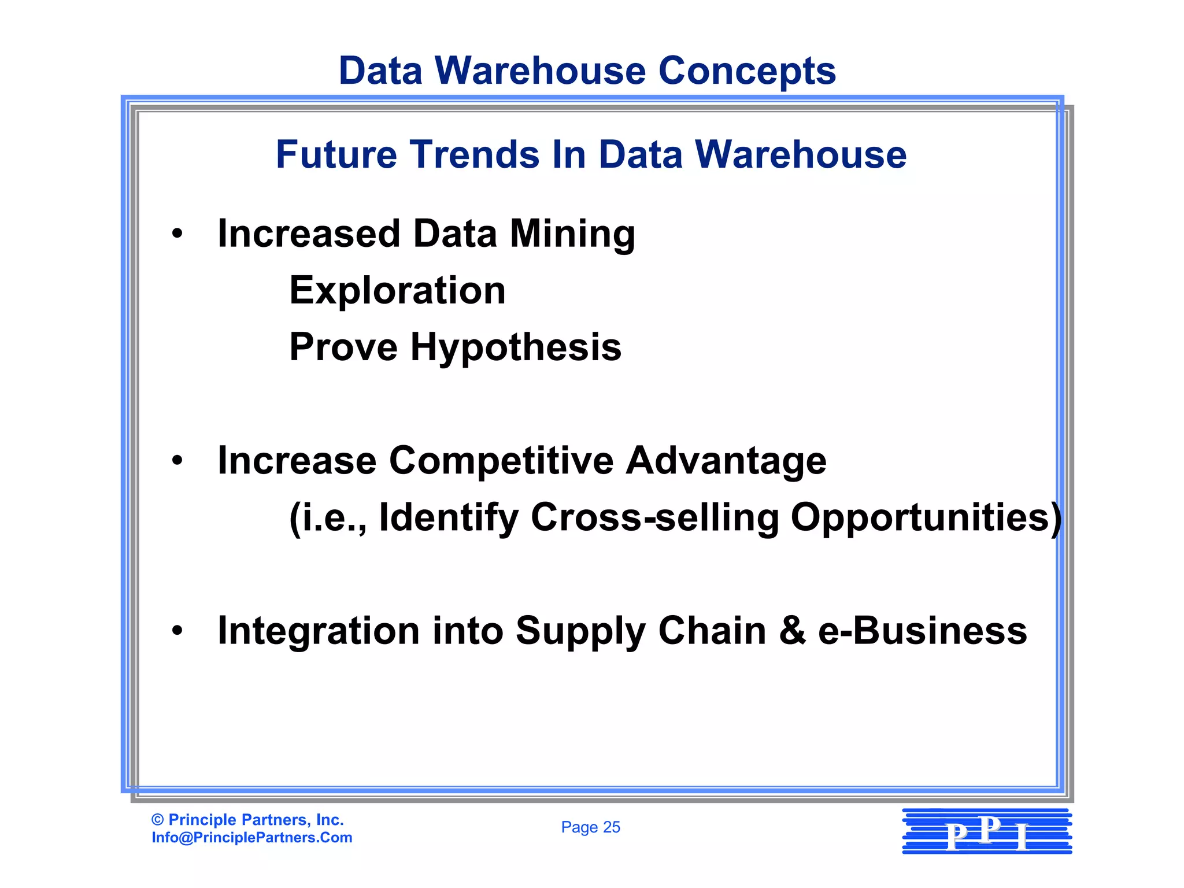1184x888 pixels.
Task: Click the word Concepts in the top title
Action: click(747, 72)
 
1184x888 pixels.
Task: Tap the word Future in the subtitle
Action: click(336, 155)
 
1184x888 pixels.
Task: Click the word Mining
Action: click(572, 235)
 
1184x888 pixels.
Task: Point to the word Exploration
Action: click(397, 290)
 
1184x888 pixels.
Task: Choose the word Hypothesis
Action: click(516, 348)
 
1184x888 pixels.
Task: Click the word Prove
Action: click(343, 347)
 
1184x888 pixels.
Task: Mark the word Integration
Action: click(319, 631)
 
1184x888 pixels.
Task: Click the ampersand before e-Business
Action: click(792, 631)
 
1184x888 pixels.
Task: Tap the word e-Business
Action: click(922, 631)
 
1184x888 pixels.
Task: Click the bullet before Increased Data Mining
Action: click(177, 235)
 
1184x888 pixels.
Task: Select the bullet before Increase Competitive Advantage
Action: click(177, 461)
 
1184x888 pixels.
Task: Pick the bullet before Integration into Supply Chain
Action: click(177, 631)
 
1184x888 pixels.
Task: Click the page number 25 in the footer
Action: click(611, 827)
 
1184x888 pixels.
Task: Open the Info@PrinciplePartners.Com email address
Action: click(252, 838)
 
